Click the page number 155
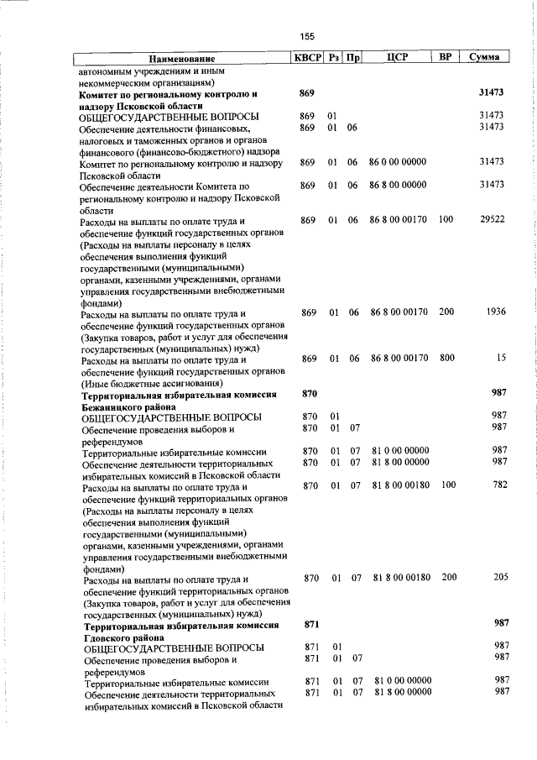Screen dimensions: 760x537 coord(307,36)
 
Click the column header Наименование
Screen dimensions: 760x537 coord(182,59)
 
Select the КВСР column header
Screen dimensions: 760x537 coord(307,58)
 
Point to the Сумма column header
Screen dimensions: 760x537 coord(485,58)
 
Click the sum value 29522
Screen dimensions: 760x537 coord(490,219)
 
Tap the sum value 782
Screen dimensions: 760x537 coord(496,485)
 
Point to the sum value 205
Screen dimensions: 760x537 coord(496,578)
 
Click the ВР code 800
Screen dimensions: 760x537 coord(446,359)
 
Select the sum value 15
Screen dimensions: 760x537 coord(500,359)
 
